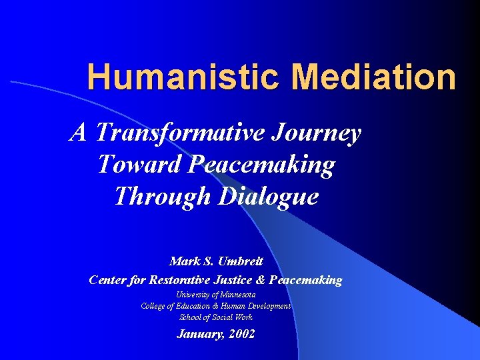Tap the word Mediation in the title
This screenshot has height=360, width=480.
[373, 77]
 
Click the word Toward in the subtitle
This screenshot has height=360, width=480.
[138, 164]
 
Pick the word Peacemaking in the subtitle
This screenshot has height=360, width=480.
[261, 164]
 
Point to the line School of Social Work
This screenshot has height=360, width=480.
[216, 317]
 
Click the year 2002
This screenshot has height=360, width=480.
[241, 335]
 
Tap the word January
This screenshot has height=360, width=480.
[200, 335]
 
